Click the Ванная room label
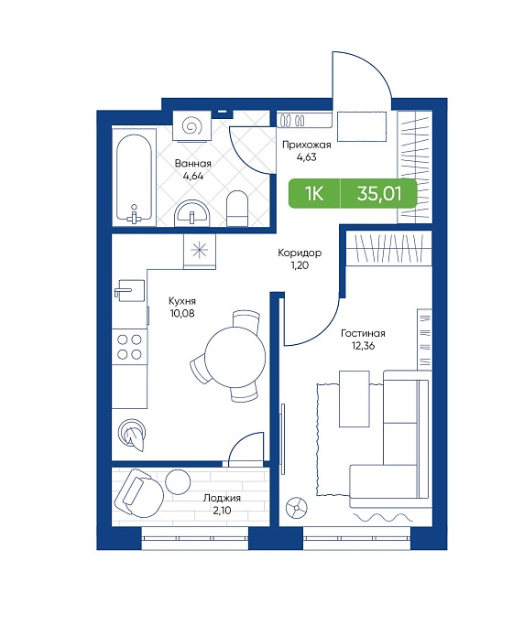click(193, 164)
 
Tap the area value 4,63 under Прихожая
click(306, 157)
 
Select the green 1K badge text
click(314, 194)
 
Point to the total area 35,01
click(379, 194)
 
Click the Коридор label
click(300, 253)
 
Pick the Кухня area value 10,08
click(182, 313)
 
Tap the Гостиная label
click(363, 333)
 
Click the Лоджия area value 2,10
click(222, 511)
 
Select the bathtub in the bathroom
click(134, 178)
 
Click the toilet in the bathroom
click(237, 208)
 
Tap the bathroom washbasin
click(192, 213)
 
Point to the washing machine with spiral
click(191, 126)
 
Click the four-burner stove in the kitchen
click(130, 347)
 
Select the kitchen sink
click(129, 291)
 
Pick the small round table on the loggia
click(179, 482)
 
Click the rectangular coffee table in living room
click(354, 399)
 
